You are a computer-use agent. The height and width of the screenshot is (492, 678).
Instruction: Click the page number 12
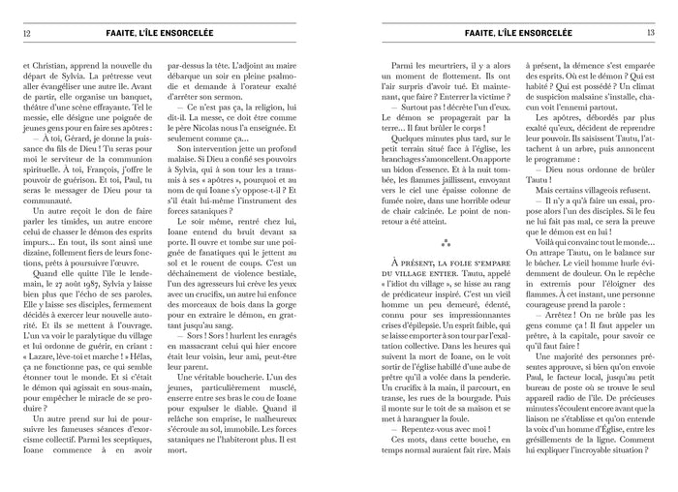click(x=26, y=32)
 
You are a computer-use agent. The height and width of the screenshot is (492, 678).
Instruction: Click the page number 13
click(x=652, y=32)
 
